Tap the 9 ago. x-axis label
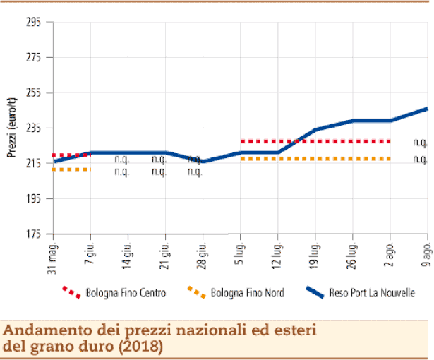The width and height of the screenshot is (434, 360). [x=428, y=253]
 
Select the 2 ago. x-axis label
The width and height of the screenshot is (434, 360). [x=390, y=253]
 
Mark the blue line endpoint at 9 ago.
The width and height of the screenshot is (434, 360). [x=428, y=109]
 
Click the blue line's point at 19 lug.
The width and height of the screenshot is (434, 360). [x=315, y=130]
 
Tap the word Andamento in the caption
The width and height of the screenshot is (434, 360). [x=40, y=330]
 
